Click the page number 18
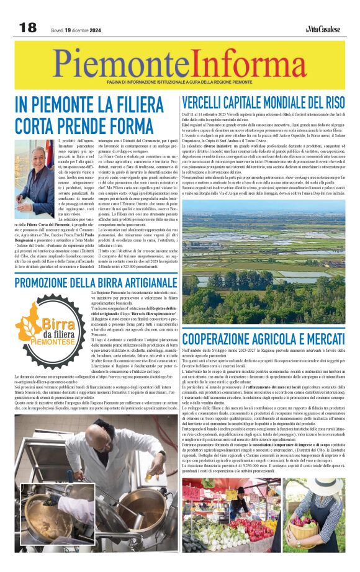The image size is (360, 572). coord(28,27)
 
